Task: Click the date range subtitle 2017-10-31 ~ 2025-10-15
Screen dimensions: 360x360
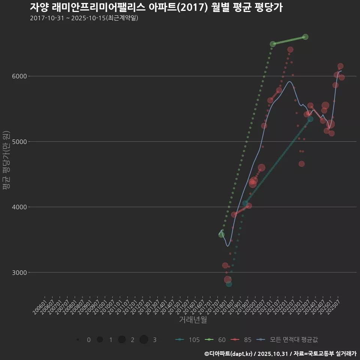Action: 84,18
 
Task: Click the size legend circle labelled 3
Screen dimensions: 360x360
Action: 144,340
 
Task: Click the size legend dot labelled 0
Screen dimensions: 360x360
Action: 78,340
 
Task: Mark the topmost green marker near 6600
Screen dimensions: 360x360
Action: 305,37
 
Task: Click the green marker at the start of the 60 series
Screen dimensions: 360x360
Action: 221,235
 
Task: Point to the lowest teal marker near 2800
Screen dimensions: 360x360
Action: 229,284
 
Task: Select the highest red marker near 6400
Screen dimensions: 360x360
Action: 290,49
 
